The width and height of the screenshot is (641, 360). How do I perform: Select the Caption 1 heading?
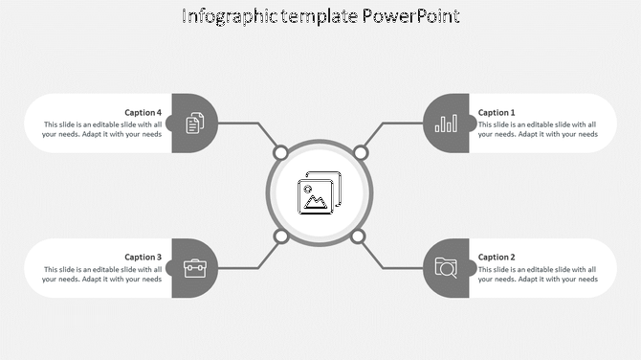(x=497, y=112)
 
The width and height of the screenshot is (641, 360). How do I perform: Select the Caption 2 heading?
(x=497, y=257)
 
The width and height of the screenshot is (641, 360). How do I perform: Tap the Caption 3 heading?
(x=143, y=257)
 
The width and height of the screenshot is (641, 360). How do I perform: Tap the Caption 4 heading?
(x=143, y=112)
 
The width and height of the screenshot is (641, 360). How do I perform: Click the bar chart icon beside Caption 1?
(x=446, y=124)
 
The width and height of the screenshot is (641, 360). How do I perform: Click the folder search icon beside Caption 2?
(x=446, y=267)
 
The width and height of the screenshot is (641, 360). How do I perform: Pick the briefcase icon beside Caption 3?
(x=194, y=268)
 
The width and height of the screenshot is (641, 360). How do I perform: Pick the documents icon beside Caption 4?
(x=194, y=124)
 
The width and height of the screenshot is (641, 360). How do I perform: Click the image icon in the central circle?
(x=320, y=193)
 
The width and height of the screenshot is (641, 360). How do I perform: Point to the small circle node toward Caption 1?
(x=361, y=152)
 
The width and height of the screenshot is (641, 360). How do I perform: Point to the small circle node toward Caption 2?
(x=358, y=236)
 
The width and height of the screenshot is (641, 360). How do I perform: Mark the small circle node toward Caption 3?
(x=281, y=236)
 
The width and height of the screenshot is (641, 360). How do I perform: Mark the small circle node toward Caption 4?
(x=280, y=152)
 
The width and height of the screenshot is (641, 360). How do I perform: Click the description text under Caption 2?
(x=538, y=274)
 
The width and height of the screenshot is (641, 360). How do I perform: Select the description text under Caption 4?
(x=101, y=129)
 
